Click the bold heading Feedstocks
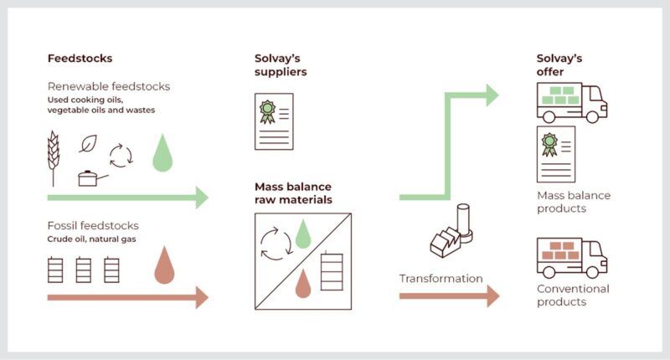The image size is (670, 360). (80, 59)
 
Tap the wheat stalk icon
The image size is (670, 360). (53, 157)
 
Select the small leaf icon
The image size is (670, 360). (88, 144)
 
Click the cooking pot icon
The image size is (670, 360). (89, 177)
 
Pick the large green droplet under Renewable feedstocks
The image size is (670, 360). (162, 155)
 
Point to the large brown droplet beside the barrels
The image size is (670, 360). (164, 265)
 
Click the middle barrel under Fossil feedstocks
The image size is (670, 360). (84, 270)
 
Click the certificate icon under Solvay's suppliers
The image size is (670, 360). (274, 121)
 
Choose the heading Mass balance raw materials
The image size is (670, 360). (293, 193)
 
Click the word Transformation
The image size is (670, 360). (441, 278)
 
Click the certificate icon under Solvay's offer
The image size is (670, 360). (555, 154)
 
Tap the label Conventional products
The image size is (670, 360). (573, 295)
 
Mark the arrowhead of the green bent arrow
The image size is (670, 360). (491, 95)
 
